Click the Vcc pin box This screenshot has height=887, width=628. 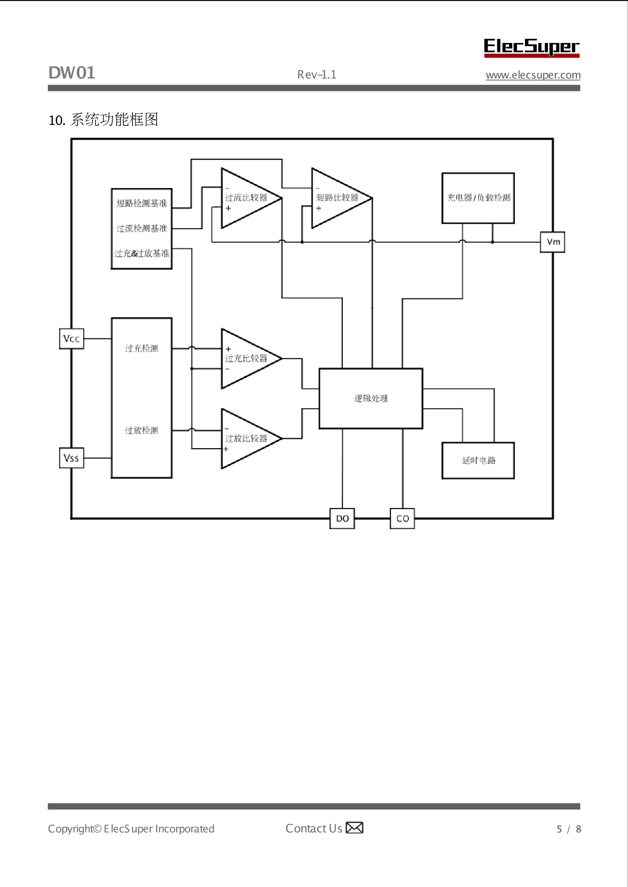click(x=71, y=339)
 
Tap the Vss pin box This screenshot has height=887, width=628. click(x=71, y=458)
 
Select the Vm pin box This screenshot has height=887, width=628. click(x=552, y=242)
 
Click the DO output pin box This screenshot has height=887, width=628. click(x=342, y=519)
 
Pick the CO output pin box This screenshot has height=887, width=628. click(x=403, y=519)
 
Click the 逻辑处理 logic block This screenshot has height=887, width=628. click(x=371, y=398)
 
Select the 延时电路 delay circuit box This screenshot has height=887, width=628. click(x=478, y=460)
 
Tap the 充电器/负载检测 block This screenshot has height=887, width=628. click(x=478, y=198)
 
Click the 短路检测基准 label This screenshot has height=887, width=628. click(x=142, y=203)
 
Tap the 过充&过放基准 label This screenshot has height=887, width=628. click(x=142, y=253)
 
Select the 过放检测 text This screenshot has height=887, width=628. click(x=142, y=430)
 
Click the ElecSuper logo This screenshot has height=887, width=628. click(x=531, y=47)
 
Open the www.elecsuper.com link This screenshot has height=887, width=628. click(x=533, y=75)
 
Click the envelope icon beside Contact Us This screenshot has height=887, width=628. click(x=355, y=828)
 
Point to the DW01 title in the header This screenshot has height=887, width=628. click(x=72, y=73)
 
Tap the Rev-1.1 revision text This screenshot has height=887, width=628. click(x=317, y=75)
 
